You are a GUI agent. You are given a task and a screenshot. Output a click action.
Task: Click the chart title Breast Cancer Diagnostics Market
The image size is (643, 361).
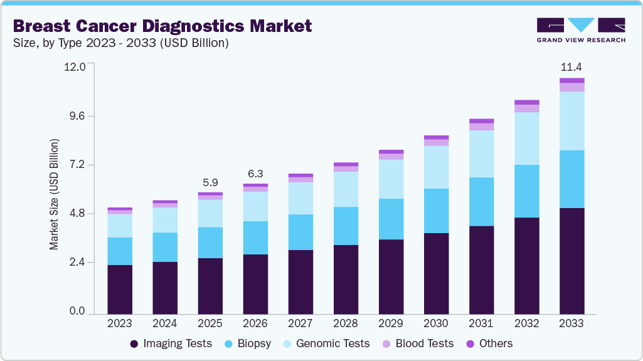162,26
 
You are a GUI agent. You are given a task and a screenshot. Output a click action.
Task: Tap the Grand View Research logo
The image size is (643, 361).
580,30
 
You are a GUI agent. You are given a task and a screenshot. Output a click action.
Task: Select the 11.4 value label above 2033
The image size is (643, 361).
571,66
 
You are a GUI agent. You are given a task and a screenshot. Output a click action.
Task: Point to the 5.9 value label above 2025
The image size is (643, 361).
210,182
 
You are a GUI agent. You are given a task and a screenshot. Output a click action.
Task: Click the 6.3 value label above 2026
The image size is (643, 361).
255,174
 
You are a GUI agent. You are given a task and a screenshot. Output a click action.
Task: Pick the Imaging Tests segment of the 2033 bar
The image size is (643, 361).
571,261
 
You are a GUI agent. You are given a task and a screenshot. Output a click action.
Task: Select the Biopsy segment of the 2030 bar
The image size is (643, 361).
436,211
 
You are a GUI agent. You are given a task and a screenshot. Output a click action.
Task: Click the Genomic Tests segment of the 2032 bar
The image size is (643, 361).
526,139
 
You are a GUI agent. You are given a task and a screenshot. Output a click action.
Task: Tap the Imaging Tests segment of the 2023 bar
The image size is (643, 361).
120,289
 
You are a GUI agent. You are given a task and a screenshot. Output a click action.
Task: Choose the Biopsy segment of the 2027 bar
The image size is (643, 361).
300,232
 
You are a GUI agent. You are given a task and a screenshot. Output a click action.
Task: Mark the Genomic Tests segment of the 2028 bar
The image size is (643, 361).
346,189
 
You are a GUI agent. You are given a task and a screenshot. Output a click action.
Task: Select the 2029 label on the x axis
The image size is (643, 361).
391,323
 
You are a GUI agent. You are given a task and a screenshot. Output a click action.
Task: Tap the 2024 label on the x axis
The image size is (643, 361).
165,323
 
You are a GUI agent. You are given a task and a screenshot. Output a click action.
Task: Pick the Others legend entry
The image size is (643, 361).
489,343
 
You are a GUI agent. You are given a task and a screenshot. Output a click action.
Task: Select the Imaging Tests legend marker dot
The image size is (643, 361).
134,343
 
